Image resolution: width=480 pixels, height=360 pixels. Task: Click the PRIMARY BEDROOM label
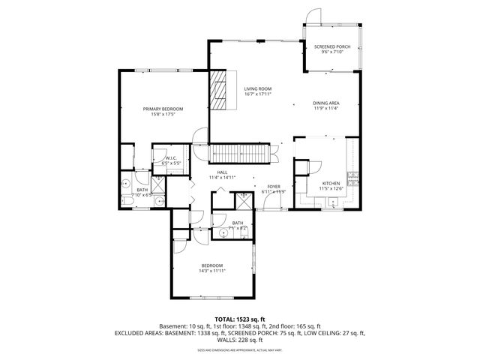click(163, 109)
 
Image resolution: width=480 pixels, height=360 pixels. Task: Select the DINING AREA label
click(326, 103)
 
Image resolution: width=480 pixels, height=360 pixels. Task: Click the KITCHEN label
click(331, 182)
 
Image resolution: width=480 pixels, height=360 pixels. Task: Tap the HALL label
click(222, 172)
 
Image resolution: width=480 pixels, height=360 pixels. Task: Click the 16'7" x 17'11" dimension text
click(256, 94)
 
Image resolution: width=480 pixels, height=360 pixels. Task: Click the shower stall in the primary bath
click(159, 185)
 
